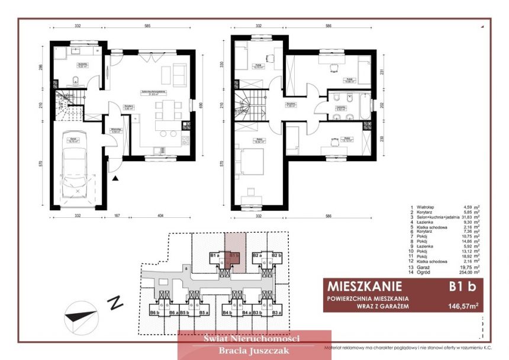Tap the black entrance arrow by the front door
click(x=116, y=177)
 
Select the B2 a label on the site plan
click(x=257, y=255)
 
